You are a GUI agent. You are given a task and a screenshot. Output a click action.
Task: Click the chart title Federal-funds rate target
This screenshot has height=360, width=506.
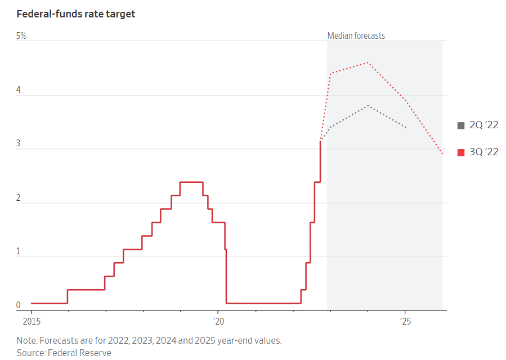pos(75,14)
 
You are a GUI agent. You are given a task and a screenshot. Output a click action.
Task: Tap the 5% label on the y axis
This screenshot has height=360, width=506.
pos(21,36)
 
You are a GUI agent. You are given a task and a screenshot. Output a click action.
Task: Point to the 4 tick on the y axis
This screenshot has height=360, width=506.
pos(18,90)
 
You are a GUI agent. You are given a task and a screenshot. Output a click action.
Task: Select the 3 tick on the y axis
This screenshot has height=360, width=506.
pos(18,144)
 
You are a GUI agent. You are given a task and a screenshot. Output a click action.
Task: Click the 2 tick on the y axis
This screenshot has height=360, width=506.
pos(18,198)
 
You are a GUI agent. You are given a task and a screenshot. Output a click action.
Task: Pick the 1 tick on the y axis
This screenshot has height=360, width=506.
pos(18,251)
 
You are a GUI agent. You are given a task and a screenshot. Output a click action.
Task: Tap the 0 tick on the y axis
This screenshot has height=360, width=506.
pos(18,305)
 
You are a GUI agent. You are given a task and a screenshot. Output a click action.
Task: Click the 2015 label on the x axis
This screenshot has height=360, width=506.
pos(31,321)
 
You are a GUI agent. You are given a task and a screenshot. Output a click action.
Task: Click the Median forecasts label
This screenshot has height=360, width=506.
pos(356,36)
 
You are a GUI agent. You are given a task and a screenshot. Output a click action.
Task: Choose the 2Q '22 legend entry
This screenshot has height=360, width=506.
pos(483,125)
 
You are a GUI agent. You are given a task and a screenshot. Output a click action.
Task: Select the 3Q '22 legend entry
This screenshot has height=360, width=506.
pos(483,152)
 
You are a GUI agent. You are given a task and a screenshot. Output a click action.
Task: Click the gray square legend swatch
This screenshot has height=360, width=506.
pos(461,125)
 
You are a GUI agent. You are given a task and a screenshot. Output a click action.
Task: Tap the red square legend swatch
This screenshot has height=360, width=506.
pos(461,152)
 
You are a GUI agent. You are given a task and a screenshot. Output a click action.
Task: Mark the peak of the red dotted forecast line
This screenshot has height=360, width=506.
pos(368,62)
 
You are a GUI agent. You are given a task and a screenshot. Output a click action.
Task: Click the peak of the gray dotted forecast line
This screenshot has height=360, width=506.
pos(368,106)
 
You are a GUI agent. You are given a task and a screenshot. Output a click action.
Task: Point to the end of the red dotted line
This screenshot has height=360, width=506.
pos(442,154)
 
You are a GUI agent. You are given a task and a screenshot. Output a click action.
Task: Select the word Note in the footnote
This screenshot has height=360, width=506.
pos(25,340)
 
